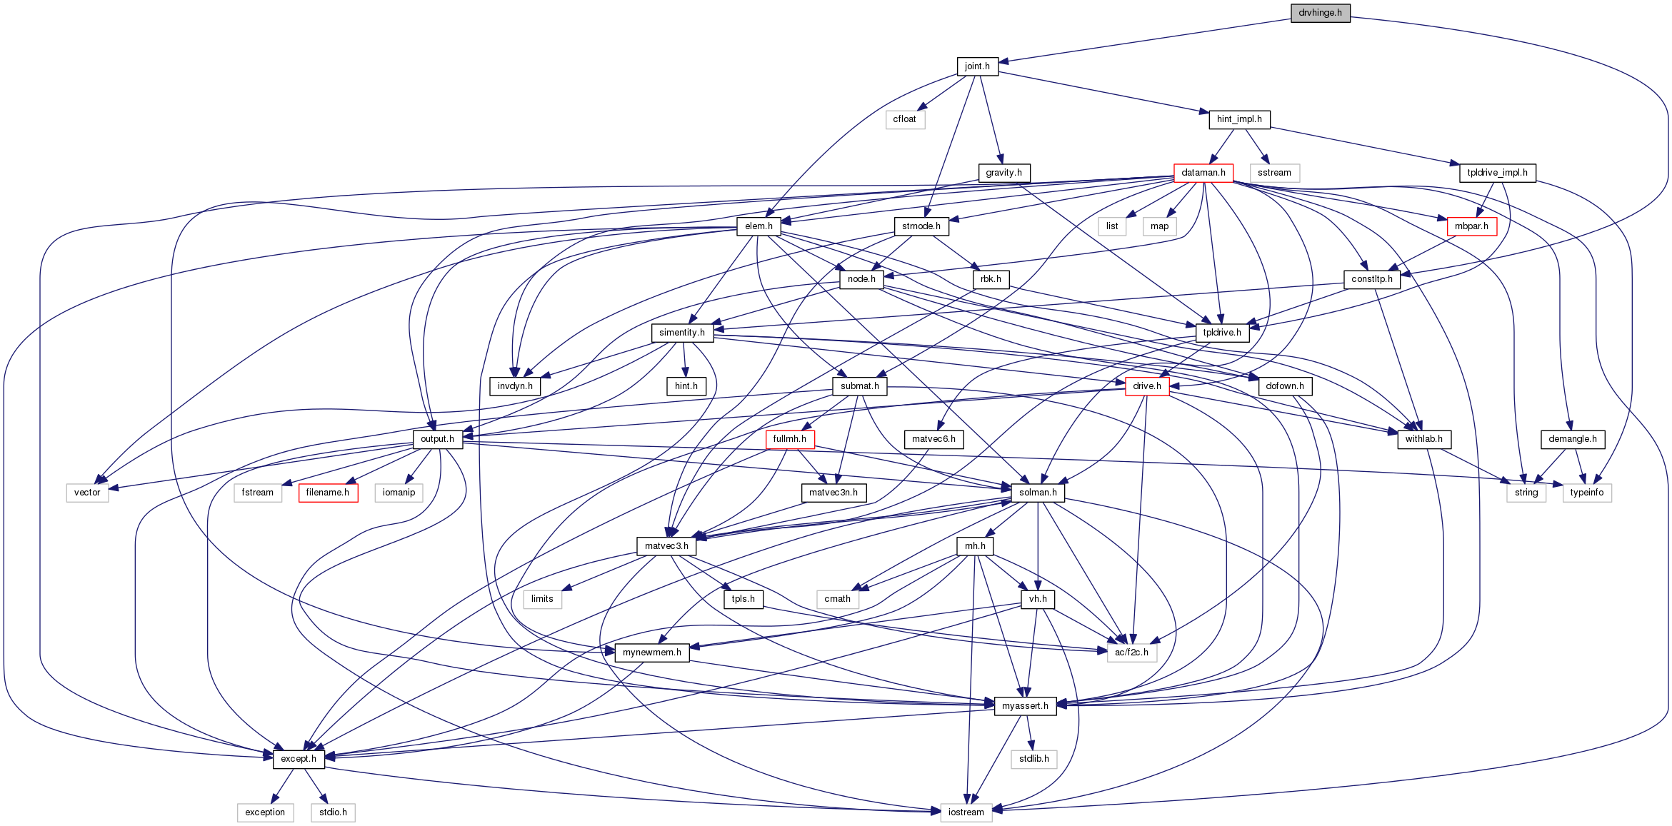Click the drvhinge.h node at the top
[x=1320, y=13]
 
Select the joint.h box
[x=977, y=66]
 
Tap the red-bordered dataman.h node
[x=1203, y=173]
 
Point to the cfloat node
[x=904, y=119]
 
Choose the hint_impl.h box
[x=1239, y=119]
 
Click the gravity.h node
[x=1003, y=173]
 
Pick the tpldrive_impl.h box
[x=1497, y=173]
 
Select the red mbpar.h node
[x=1471, y=226]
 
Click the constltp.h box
[x=1371, y=279]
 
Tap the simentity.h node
[x=682, y=333]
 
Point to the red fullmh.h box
[x=789, y=439]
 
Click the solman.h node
[x=1038, y=493]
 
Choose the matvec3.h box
[x=666, y=546]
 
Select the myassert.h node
[x=1025, y=706]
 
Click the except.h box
[x=299, y=759]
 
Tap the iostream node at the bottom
[x=966, y=812]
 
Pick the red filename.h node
[x=328, y=493]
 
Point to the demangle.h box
[x=1573, y=439]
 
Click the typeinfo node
[x=1587, y=493]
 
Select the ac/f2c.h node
[x=1132, y=653]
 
